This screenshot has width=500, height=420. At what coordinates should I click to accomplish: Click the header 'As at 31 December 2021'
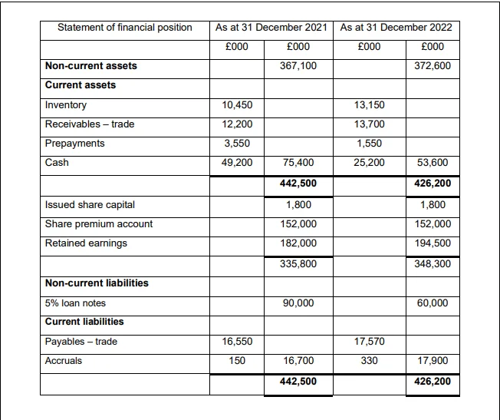tap(271, 28)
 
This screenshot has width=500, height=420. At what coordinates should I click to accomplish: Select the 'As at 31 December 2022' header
tap(396, 28)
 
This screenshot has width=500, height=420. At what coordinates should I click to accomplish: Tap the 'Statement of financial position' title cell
tap(125, 28)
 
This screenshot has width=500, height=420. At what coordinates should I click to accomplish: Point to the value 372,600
tap(433, 66)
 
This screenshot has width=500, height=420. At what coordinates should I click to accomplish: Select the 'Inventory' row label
tap(67, 105)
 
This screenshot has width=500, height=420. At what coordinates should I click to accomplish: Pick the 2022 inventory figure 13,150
tap(369, 105)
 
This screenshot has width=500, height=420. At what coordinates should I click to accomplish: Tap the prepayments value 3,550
tap(237, 144)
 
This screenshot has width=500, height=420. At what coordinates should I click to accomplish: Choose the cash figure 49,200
tap(237, 163)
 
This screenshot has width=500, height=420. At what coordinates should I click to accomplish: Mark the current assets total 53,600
tap(433, 163)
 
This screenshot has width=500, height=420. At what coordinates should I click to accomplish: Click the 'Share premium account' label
tap(99, 224)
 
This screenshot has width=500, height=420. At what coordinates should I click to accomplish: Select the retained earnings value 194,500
tap(433, 243)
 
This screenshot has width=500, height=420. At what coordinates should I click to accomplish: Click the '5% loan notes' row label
tap(76, 303)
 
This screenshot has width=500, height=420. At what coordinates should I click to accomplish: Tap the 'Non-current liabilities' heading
tap(97, 283)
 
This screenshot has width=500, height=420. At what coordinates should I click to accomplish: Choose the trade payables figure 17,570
tap(369, 342)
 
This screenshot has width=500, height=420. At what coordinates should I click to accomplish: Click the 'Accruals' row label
tap(64, 361)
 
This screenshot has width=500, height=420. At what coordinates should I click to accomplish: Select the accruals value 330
tap(369, 361)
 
